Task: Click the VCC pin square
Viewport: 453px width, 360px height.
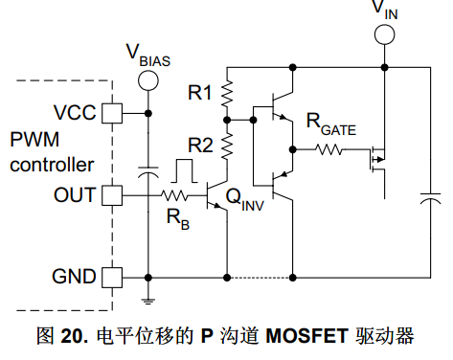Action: click(112, 113)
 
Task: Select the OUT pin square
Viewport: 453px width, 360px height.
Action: click(112, 195)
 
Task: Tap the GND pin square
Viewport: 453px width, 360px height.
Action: click(112, 278)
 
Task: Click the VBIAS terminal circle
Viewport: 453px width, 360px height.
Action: click(148, 80)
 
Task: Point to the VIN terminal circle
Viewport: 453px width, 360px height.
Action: click(385, 34)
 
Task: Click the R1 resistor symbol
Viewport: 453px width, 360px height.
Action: click(227, 94)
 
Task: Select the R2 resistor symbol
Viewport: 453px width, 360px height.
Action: click(227, 146)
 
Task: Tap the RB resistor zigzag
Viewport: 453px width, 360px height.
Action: click(174, 195)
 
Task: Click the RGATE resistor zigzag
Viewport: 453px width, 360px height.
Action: click(328, 149)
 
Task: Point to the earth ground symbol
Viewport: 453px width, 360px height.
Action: click(148, 301)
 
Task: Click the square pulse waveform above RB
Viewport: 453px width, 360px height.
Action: click(184, 171)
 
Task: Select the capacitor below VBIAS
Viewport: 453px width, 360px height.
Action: click(148, 171)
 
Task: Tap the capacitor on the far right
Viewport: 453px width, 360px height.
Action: click(430, 198)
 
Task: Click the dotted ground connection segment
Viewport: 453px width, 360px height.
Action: click(260, 278)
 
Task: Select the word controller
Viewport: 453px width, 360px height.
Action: click(52, 165)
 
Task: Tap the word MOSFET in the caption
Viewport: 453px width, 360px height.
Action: click(306, 336)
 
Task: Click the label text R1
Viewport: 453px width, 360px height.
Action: click(200, 93)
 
